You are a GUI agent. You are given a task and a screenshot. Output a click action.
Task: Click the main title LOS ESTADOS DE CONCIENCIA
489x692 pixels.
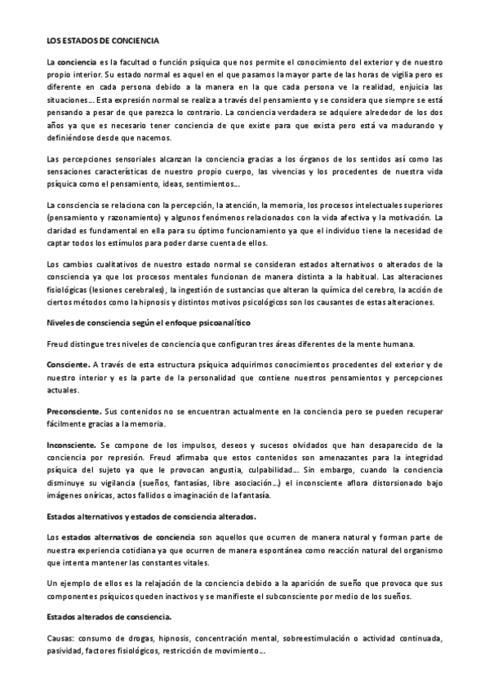click(x=102, y=40)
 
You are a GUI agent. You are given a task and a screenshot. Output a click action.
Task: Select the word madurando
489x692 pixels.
click(x=410, y=125)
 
